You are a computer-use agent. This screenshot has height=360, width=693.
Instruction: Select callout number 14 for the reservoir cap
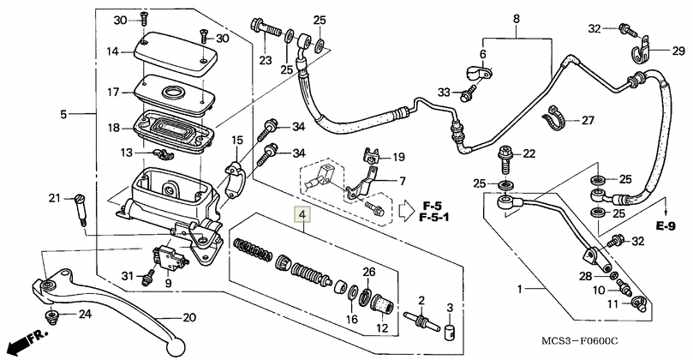tap(113, 51)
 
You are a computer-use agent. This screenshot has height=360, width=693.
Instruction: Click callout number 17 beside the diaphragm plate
tap(113, 92)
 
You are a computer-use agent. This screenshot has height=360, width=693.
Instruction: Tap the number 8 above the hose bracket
tap(517, 19)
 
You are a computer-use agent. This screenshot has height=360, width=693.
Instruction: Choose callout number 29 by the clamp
tap(678, 52)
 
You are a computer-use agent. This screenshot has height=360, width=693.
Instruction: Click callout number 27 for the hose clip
tap(588, 121)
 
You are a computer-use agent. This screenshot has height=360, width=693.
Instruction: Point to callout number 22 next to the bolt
tap(529, 153)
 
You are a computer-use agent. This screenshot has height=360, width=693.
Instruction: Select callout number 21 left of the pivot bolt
tap(54, 199)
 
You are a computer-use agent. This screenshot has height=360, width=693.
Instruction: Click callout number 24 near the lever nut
tap(84, 314)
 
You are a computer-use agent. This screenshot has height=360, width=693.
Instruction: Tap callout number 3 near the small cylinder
tap(450, 307)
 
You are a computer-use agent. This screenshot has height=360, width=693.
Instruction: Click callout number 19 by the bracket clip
tap(397, 157)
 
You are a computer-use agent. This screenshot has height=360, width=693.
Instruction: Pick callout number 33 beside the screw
tap(444, 92)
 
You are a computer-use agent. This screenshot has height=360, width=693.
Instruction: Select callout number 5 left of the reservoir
tap(63, 114)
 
